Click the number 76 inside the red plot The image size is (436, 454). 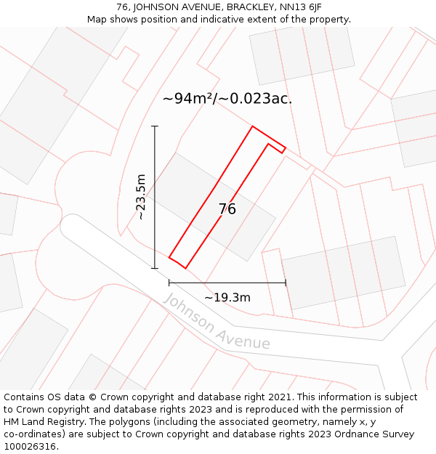click(227, 209)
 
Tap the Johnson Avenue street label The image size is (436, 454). click(217, 322)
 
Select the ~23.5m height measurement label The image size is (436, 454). click(142, 197)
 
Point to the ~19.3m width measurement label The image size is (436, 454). click(227, 297)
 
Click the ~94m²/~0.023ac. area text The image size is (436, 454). click(227, 99)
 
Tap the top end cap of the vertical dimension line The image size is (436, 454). click(155, 126)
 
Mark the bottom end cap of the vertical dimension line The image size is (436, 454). click(155, 268)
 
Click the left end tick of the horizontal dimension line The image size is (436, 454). click(169, 283)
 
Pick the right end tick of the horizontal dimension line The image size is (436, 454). click(286, 283)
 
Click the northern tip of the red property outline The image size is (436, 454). click(252, 127)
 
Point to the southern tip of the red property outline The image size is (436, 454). click(186, 267)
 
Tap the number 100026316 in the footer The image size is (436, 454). click(31, 447)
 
